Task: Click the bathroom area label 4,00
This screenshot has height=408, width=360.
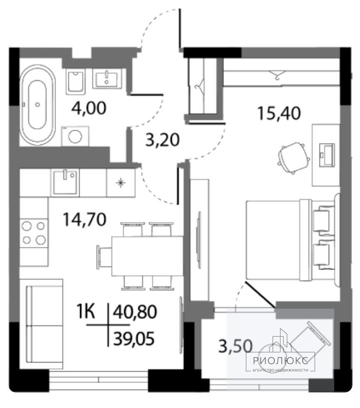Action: coord(89,108)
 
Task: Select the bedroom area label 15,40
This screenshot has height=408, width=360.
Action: coord(279,113)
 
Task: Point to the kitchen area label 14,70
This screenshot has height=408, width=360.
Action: coord(85,219)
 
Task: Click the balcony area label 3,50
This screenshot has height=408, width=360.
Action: coord(236,346)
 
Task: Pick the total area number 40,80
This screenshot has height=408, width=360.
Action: coord(135,312)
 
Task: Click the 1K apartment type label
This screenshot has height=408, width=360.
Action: coord(86,312)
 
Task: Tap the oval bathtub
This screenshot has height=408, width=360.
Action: coord(37,105)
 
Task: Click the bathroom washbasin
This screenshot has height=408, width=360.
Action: coord(107,79)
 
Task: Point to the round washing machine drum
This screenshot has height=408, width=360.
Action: coord(75,136)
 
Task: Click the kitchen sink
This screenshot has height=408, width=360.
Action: coord(65,182)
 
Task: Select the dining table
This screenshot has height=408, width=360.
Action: coord(147,256)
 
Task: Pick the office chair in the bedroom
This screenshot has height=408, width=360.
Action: coord(293,158)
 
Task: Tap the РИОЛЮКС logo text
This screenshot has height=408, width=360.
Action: coord(281,361)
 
